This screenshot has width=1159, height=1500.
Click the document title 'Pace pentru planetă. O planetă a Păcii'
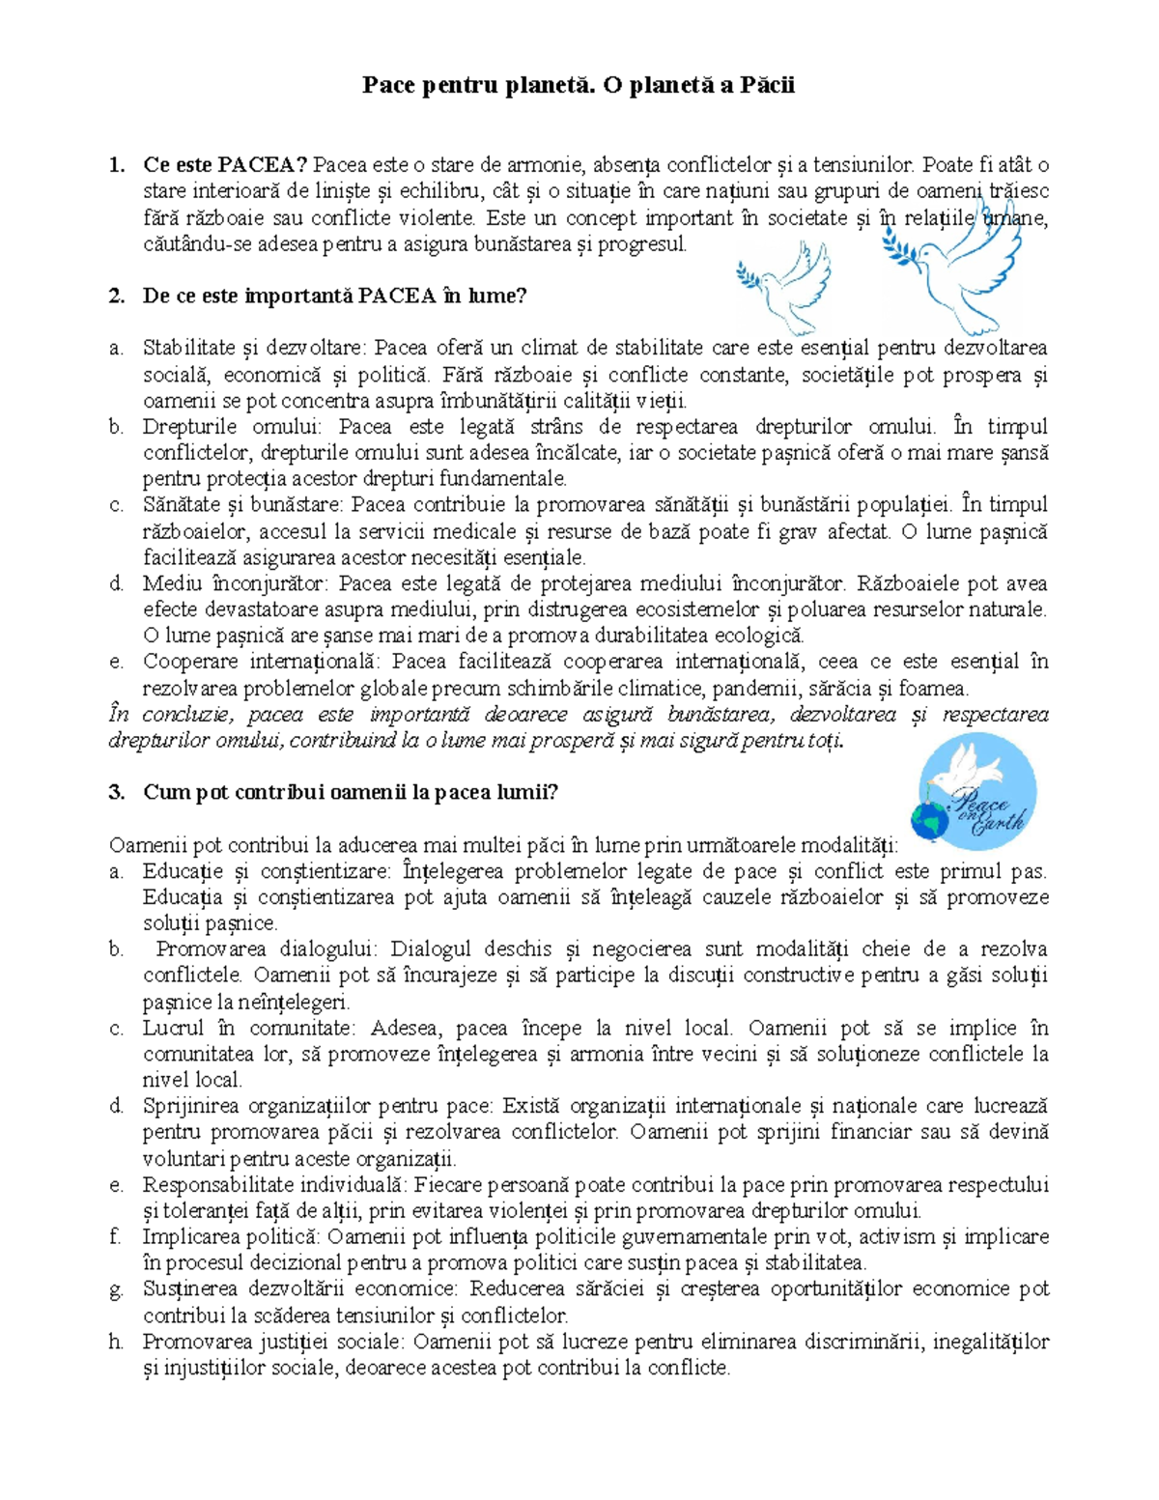579,85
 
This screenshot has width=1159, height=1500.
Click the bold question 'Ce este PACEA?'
225,165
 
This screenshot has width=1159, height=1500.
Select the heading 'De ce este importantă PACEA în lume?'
334,296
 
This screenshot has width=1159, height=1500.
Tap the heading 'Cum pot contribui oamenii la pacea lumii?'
351,793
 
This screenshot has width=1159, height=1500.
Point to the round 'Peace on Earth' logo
976,791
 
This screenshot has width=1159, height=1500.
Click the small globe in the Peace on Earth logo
930,821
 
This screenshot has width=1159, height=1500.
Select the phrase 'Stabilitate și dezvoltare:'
255,348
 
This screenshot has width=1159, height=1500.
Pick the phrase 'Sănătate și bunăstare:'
243,505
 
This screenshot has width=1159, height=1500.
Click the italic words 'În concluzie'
170,715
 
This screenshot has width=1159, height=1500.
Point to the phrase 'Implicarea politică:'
230,1237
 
